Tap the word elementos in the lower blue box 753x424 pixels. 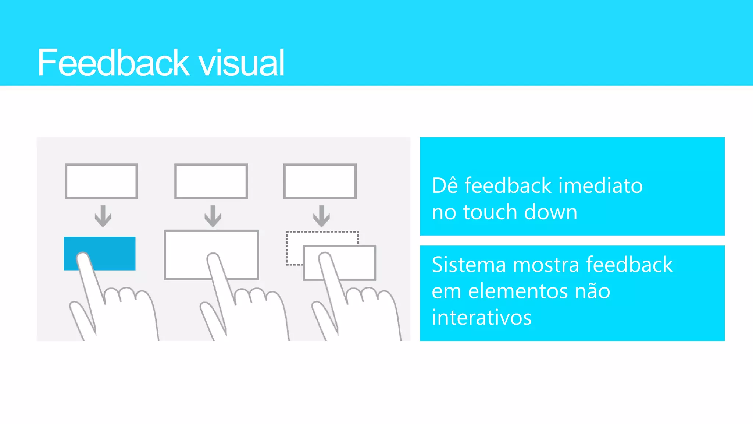(518, 291)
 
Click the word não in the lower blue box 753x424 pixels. (592, 291)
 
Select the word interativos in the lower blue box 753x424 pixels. (482, 318)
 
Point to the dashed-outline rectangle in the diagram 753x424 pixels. (294, 248)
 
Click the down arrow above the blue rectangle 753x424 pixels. (103, 216)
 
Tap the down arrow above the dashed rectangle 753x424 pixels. (321, 216)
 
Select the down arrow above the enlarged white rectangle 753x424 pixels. (213, 216)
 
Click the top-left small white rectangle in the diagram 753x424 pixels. (101, 181)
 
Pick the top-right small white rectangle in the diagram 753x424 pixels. (320, 181)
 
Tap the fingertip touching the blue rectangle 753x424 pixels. (83, 258)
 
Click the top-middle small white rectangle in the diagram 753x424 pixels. (211, 181)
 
